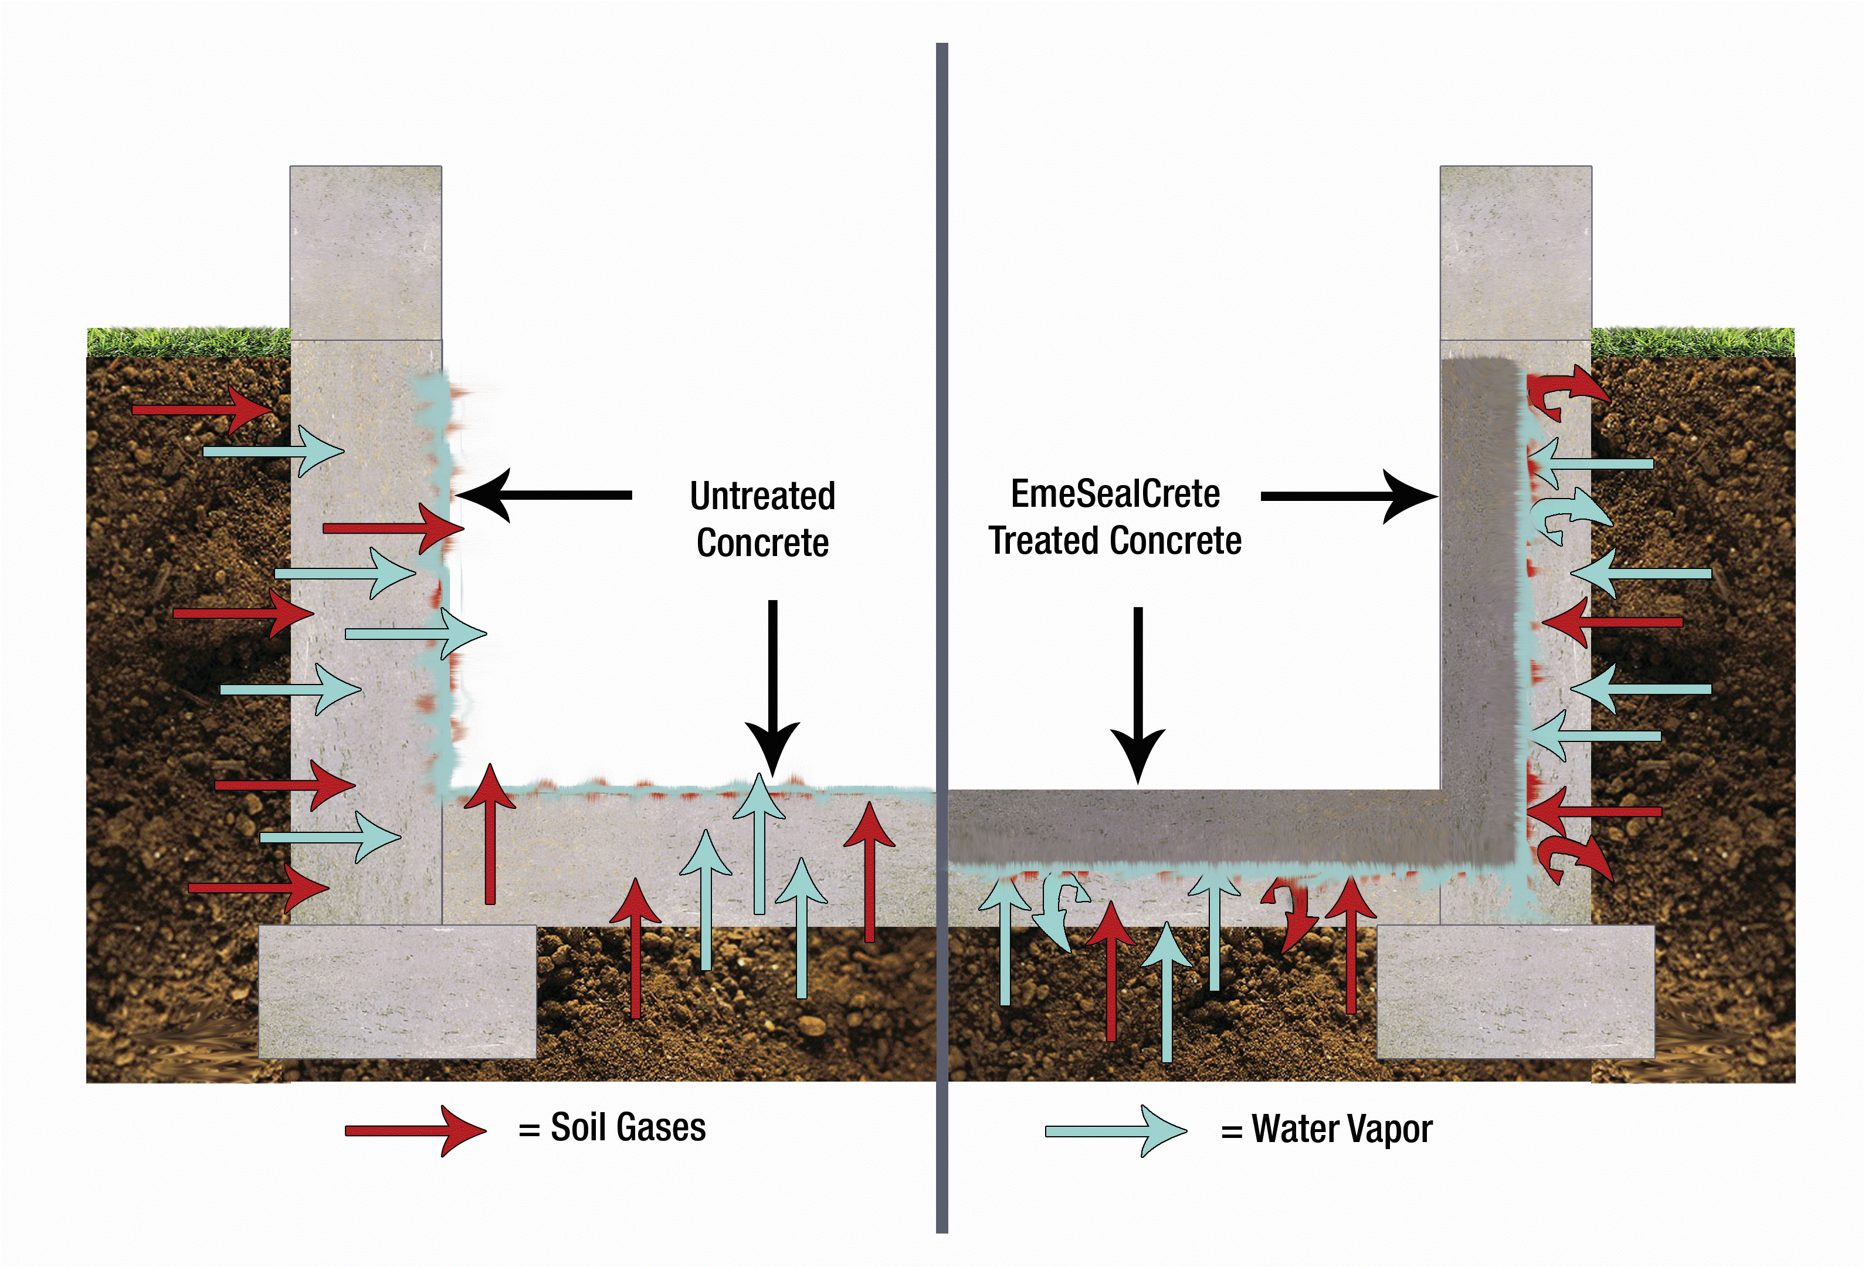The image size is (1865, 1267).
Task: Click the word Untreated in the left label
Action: point(762,496)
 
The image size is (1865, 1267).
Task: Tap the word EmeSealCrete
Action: point(1115,493)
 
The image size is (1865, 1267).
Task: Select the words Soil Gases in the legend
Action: point(628,1127)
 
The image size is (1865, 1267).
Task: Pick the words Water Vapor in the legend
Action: point(1342,1129)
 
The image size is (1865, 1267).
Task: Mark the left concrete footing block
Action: point(397,991)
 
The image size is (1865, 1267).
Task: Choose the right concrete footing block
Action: point(1515,991)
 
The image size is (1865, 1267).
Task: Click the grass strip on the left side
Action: point(189,343)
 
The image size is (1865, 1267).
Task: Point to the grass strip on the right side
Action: point(1691,343)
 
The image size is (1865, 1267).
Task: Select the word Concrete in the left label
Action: point(762,543)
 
